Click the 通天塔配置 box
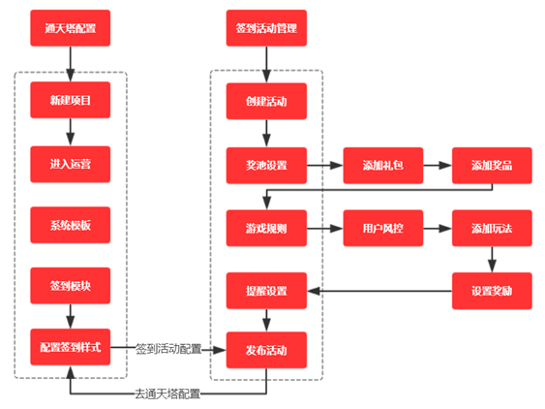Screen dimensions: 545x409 (x=71, y=28)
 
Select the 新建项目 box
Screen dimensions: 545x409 (x=71, y=100)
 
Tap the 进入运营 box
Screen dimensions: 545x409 (x=71, y=165)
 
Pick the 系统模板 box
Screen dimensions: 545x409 (x=71, y=225)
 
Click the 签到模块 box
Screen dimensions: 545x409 (x=71, y=286)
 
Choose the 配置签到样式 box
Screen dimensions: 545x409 (x=71, y=347)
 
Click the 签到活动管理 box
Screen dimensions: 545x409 (x=266, y=28)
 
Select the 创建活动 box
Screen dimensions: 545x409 (x=266, y=102)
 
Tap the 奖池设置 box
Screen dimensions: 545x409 (x=266, y=166)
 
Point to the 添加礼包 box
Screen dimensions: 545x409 (x=383, y=166)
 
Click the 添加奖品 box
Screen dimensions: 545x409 (x=492, y=166)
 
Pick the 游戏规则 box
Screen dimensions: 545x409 (x=266, y=229)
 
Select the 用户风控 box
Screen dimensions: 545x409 (x=383, y=229)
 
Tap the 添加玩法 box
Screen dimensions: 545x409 (x=492, y=229)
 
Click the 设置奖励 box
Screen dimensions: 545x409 (x=492, y=291)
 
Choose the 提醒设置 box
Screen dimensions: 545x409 (x=266, y=291)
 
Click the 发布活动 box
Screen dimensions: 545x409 (x=266, y=350)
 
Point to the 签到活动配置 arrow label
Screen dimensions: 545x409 (x=168, y=349)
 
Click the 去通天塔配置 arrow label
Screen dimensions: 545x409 (x=167, y=394)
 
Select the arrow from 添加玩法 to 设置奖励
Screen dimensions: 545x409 (x=492, y=260)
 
